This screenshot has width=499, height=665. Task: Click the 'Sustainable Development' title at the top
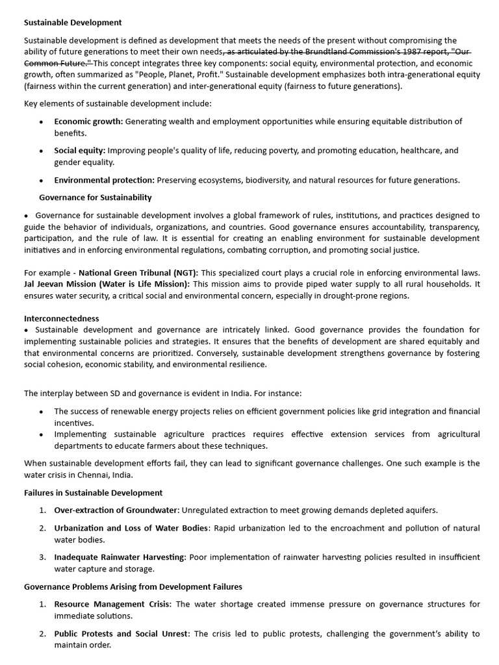tap(73, 23)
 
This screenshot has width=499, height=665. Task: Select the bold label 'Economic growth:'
tap(88, 121)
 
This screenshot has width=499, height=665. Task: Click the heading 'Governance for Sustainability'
tap(96, 197)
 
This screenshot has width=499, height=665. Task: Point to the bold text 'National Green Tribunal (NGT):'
tap(138, 273)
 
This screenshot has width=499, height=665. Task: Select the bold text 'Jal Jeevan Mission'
tap(62, 284)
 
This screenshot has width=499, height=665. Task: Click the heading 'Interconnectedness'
tap(62, 319)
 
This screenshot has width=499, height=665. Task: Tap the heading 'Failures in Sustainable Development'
tap(93, 493)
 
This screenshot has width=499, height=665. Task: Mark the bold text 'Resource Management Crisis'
tap(112, 604)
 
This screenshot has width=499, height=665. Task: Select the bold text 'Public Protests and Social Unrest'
tap(122, 634)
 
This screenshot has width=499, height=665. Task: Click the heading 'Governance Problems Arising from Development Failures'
tap(133, 586)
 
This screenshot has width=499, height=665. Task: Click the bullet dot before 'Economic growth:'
tap(42, 122)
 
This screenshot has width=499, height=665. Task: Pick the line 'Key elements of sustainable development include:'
tap(117, 104)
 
